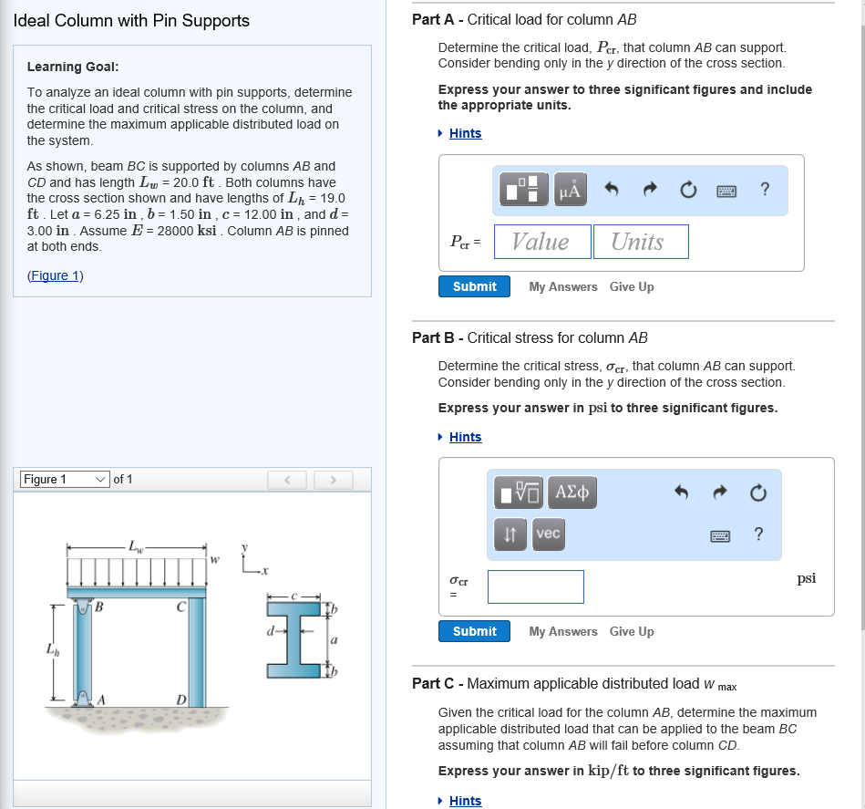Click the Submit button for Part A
point(474,286)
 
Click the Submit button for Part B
point(474,631)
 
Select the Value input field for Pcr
point(541,242)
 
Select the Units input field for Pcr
point(640,242)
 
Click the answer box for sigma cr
point(535,586)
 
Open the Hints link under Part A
point(465,133)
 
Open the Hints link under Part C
point(465,801)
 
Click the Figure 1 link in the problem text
point(56,275)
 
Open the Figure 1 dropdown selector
point(65,480)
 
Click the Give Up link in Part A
point(632,286)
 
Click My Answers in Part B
point(563,631)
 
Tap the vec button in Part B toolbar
point(548,534)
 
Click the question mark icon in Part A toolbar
point(765,190)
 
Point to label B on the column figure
point(99,607)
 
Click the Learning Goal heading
point(73,67)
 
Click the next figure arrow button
point(334,480)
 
